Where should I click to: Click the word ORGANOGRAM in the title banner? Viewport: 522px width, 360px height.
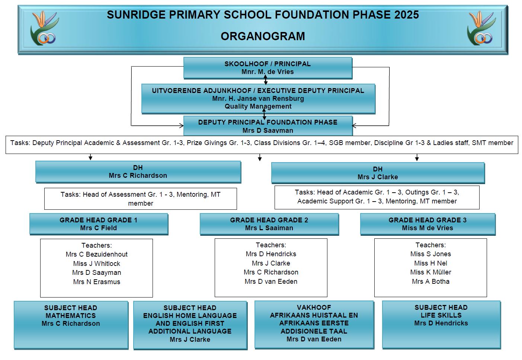263,36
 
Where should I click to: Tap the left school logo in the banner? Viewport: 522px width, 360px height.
44,28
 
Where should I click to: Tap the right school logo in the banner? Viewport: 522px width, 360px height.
481,28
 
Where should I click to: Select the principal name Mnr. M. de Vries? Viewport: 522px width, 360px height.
268,72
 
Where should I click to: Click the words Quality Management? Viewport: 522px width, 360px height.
258,106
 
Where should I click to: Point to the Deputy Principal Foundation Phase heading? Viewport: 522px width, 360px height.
268,122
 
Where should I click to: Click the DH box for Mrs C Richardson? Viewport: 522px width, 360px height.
138,172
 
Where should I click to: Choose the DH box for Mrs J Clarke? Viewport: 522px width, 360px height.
378,173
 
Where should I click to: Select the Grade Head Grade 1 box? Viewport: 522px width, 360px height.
99,224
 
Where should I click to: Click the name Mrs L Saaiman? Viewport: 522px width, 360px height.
269,228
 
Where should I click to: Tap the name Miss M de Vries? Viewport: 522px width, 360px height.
427,228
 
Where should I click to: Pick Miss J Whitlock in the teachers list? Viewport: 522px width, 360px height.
96,264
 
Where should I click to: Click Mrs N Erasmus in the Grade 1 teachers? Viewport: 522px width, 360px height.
96,282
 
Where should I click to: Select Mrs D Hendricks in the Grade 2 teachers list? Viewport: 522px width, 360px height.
271,254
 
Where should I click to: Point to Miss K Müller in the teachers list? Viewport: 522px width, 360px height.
430,272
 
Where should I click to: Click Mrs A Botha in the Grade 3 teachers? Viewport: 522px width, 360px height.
430,282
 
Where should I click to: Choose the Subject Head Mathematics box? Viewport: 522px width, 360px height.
71,325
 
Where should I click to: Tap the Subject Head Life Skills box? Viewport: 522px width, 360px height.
441,325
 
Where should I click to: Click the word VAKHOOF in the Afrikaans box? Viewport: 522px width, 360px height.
314,307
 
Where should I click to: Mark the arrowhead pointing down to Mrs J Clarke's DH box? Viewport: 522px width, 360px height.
417,159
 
